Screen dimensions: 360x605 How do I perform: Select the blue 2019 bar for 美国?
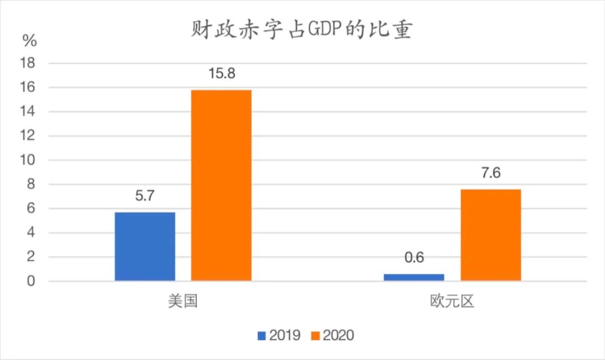point(145,246)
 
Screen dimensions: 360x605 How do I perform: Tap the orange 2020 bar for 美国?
point(221,185)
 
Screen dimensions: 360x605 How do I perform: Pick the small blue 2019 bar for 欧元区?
point(413,277)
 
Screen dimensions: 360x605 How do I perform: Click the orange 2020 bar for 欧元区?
point(491,235)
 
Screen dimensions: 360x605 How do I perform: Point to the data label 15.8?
point(221,74)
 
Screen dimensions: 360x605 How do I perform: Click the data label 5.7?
point(145,197)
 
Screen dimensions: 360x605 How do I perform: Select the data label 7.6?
point(491,173)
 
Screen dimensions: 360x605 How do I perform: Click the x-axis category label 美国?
point(183,302)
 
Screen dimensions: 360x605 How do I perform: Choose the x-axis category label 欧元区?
point(452,302)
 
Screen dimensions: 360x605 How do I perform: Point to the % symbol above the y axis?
point(30,40)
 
